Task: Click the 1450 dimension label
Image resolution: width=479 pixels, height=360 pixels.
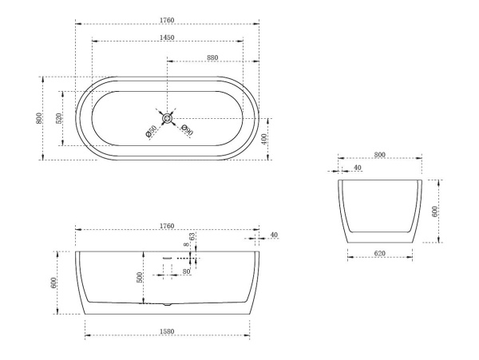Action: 167,38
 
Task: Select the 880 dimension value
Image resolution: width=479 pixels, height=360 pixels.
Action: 212,57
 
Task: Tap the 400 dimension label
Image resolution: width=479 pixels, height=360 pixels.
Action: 264,139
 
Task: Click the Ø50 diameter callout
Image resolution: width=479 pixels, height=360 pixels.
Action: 151,131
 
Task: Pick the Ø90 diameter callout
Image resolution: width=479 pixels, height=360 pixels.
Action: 187,130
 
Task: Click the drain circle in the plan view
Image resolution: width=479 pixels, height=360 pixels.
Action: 167,118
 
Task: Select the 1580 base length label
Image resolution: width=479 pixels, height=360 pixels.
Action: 167,331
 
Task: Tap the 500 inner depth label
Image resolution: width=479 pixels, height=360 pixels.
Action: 139,278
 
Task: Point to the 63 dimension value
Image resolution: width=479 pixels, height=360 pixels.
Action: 192,236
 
